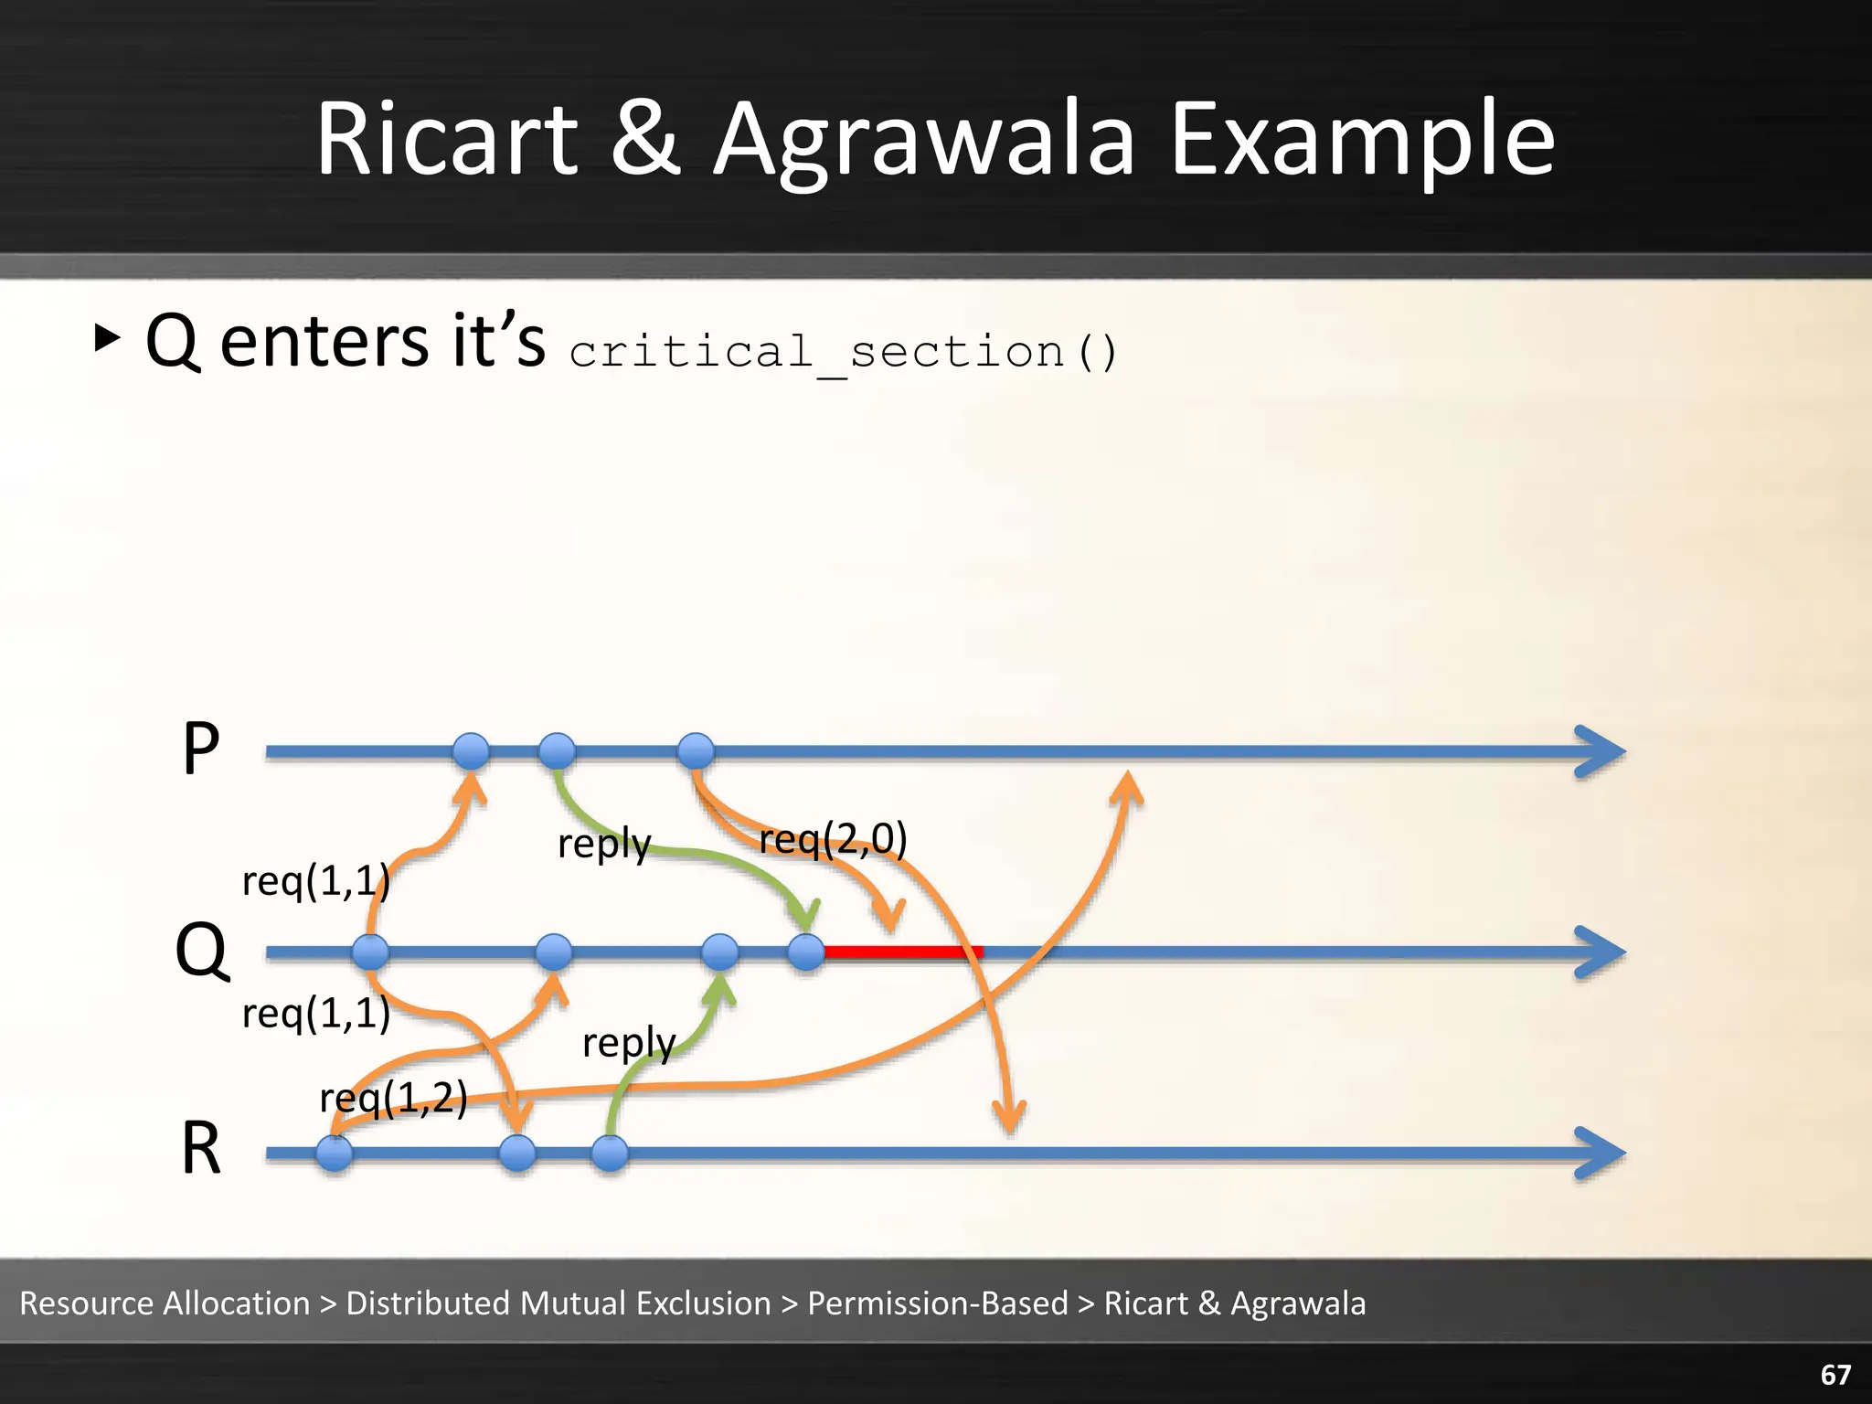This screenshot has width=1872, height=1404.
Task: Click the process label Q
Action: click(x=201, y=951)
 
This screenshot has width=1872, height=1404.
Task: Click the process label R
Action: click(x=201, y=1149)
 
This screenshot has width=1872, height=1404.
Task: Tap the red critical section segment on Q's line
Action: click(x=903, y=952)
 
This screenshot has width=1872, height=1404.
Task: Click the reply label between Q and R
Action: click(x=629, y=1043)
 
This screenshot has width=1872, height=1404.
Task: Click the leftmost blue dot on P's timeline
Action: click(x=471, y=751)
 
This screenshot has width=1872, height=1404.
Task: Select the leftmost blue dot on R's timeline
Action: click(x=335, y=1153)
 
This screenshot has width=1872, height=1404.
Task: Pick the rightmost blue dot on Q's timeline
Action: click(x=806, y=952)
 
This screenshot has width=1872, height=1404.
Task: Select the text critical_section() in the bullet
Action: click(x=843, y=352)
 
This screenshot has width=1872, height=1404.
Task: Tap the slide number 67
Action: click(x=1835, y=1374)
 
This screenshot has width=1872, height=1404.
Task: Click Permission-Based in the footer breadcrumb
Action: click(x=937, y=1303)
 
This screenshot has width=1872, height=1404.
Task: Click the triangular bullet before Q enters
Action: click(x=107, y=338)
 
